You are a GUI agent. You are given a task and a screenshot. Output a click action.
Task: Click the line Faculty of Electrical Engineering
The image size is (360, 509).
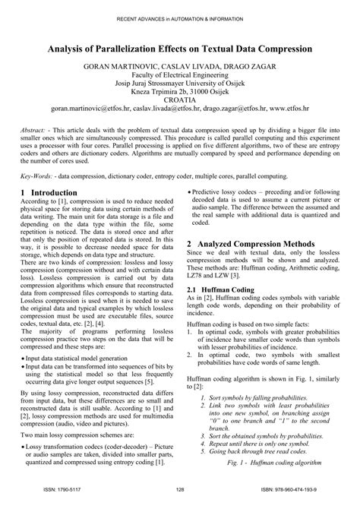[x=180, y=77]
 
